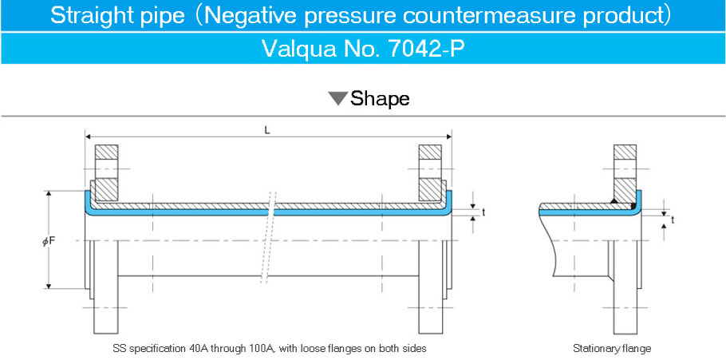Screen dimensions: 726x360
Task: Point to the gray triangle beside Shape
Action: [337, 98]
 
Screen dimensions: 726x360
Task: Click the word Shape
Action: [380, 98]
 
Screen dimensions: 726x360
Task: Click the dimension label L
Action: [267, 130]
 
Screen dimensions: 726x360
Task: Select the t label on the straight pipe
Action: [483, 212]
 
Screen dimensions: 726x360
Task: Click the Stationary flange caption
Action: [612, 348]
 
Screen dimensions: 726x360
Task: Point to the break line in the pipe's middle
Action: [269, 237]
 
